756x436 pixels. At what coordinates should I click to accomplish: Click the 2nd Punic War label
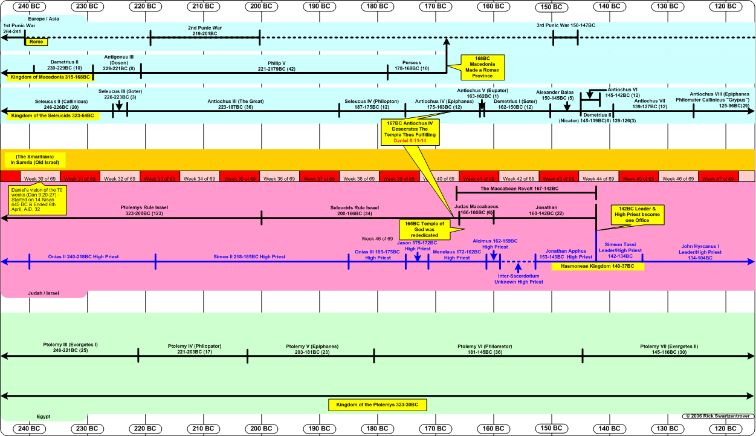205,31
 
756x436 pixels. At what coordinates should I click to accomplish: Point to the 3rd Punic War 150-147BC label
565,25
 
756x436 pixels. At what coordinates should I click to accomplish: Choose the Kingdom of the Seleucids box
52,115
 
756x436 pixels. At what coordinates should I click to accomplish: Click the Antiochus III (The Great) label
230,104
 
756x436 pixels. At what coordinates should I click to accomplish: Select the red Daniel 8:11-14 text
410,140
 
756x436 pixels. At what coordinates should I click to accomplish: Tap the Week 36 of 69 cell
280,179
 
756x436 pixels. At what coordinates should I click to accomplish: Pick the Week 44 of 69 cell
599,179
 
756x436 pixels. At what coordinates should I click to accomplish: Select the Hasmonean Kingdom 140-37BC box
597,266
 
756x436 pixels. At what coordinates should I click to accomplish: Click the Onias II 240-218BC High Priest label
83,257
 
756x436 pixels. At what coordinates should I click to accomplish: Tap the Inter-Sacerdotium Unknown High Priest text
519,279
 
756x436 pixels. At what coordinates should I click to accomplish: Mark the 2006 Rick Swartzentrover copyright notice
717,416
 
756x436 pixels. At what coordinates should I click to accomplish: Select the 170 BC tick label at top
435,5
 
